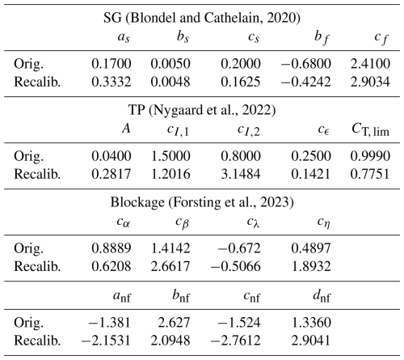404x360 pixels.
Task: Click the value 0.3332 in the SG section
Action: tap(112, 82)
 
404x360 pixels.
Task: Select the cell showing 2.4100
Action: tap(370, 64)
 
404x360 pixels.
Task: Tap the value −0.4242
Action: tap(306, 82)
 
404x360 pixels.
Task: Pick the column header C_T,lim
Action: tap(371, 129)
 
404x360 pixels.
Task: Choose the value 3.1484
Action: tap(241, 174)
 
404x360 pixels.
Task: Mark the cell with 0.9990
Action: tap(370, 156)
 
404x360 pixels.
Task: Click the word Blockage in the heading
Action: tap(137, 202)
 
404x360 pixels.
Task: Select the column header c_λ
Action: tap(253, 222)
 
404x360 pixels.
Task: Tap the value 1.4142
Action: tap(170, 248)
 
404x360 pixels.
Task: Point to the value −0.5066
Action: tap(236, 266)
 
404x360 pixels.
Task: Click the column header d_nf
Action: tap(322, 296)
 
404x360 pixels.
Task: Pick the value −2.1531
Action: tap(106, 340)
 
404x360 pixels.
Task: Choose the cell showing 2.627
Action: tap(175, 322)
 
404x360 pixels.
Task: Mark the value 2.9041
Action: tap(311, 340)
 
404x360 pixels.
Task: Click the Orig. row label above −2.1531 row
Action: tap(28, 323)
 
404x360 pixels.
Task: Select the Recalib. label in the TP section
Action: tap(37, 174)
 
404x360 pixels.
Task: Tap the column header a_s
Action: tap(124, 37)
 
